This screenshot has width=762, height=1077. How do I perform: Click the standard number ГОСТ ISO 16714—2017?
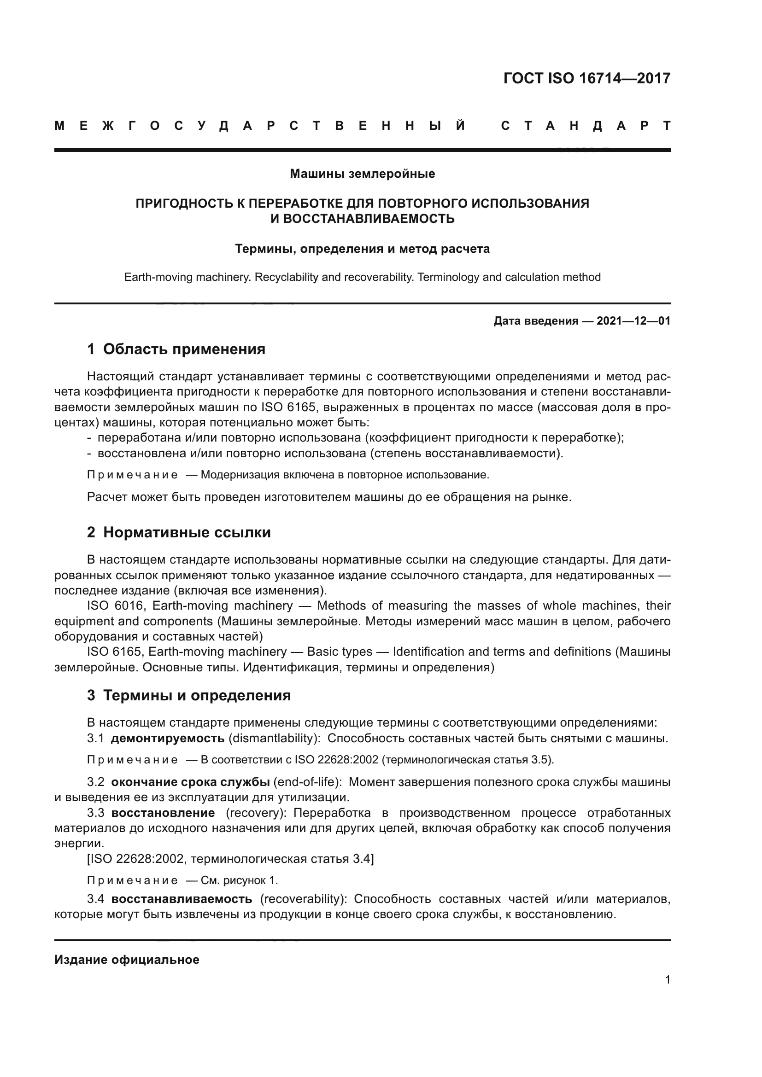point(586,78)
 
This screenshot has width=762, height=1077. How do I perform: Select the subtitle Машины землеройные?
point(362,174)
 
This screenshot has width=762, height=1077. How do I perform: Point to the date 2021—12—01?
point(633,321)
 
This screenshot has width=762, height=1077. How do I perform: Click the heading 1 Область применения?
point(176,349)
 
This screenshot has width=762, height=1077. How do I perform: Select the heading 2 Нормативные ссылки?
point(179,532)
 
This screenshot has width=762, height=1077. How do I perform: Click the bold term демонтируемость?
point(168,738)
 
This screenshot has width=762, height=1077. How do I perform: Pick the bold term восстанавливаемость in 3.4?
point(182,899)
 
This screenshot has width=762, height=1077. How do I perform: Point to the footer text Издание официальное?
point(127,960)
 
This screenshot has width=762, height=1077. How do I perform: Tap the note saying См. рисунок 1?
point(239,880)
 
